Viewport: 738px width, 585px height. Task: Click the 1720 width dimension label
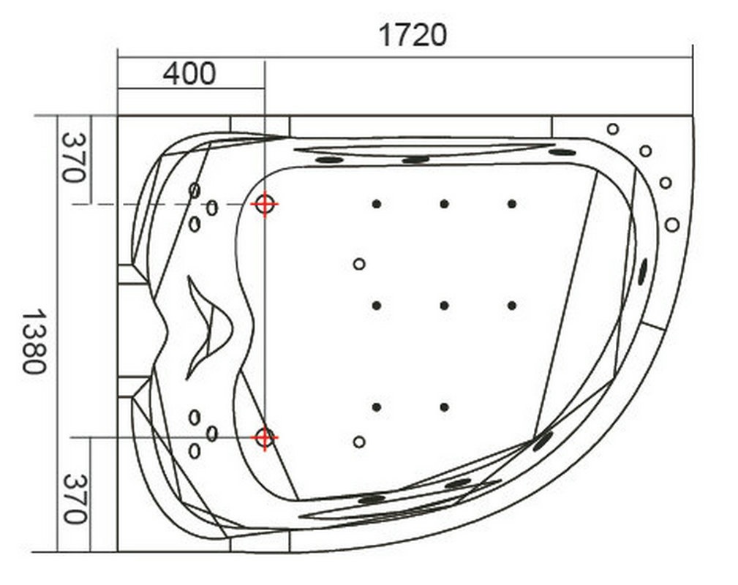pyautogui.click(x=413, y=35)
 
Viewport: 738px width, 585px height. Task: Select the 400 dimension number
pyautogui.click(x=189, y=74)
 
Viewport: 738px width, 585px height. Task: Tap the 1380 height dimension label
pyautogui.click(x=35, y=341)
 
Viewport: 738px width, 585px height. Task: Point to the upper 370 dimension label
pyautogui.click(x=74, y=157)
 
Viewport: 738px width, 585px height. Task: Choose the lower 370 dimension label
pyautogui.click(x=75, y=499)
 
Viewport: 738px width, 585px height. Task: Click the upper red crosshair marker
pyautogui.click(x=265, y=204)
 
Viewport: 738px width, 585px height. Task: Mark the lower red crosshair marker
pyautogui.click(x=265, y=438)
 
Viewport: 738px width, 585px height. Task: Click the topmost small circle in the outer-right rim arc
pyautogui.click(x=612, y=129)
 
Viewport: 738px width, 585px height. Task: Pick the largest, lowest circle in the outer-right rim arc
pyautogui.click(x=672, y=224)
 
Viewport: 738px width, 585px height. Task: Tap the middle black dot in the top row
pyautogui.click(x=444, y=204)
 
